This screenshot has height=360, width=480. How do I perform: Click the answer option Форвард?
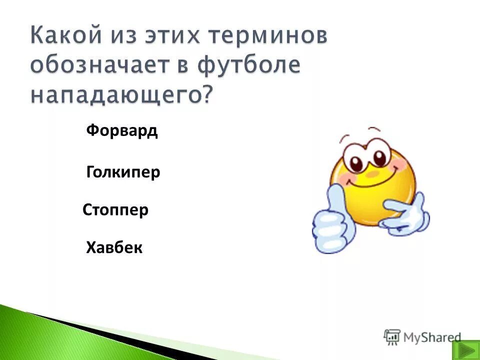[x=121, y=131]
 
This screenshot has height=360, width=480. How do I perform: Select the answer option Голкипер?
[x=123, y=173]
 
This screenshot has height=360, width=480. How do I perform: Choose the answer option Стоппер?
[x=115, y=210]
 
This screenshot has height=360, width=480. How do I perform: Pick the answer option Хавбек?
[x=114, y=247]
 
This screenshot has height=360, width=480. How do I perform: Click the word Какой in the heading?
[x=65, y=37]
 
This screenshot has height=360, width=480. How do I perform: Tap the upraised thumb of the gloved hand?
[x=336, y=200]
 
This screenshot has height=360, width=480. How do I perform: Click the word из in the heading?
[x=127, y=37]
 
